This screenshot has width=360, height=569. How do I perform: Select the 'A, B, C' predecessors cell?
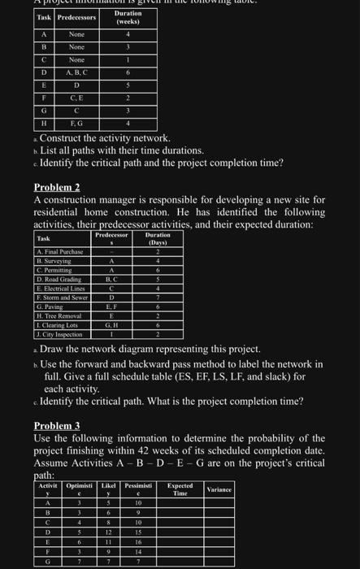tap(76, 72)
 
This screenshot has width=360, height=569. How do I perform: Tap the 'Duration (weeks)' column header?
tap(127, 16)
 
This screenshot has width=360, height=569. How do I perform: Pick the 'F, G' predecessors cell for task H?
tap(76, 123)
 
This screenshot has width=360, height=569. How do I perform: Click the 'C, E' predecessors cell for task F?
tap(76, 98)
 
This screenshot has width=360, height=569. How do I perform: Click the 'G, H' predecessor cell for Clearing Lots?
tap(111, 325)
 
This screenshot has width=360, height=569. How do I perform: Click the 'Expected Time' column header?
tap(179, 489)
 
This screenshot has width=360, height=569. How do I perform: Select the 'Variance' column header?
tap(219, 489)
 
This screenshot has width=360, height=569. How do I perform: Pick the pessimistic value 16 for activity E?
tap(139, 540)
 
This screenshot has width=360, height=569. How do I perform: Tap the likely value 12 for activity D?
tap(109, 531)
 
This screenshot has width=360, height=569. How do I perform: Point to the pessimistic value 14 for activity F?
tap(139, 551)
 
